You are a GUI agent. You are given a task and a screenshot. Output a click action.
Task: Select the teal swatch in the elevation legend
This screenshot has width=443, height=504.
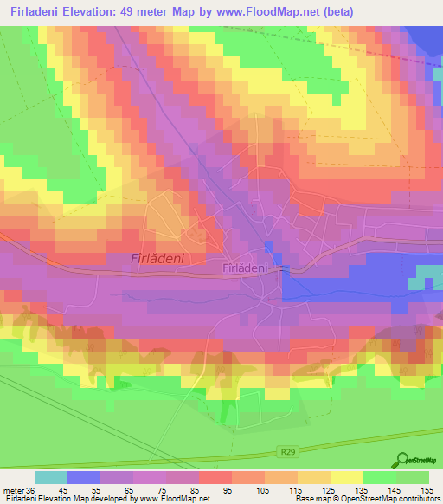coord(51,477)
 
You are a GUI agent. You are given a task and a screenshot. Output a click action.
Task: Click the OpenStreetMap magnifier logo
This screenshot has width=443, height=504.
coord(403,459)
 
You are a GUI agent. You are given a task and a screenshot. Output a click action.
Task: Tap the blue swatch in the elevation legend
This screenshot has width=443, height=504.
coord(84,477)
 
